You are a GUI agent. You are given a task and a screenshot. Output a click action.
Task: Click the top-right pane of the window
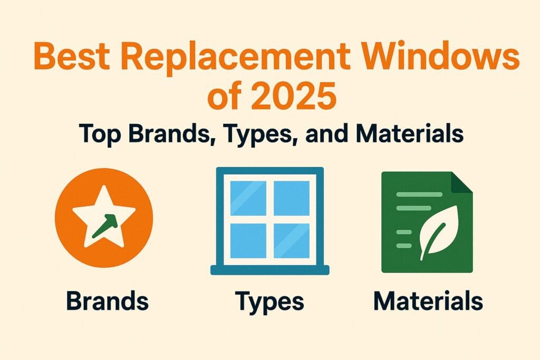point(292,197)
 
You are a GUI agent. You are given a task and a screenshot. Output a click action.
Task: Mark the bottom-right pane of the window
point(292,241)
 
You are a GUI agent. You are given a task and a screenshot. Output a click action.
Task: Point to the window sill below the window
point(269,270)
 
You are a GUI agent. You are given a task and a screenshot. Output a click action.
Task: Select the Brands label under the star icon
point(107,301)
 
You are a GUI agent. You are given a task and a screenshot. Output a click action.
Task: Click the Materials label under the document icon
point(427,301)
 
